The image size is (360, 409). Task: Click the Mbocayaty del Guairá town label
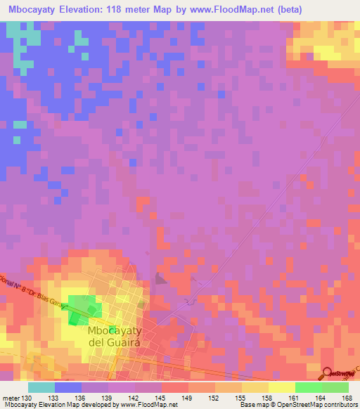tap(116, 336)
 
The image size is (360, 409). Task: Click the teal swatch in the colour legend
tap(41, 387)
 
